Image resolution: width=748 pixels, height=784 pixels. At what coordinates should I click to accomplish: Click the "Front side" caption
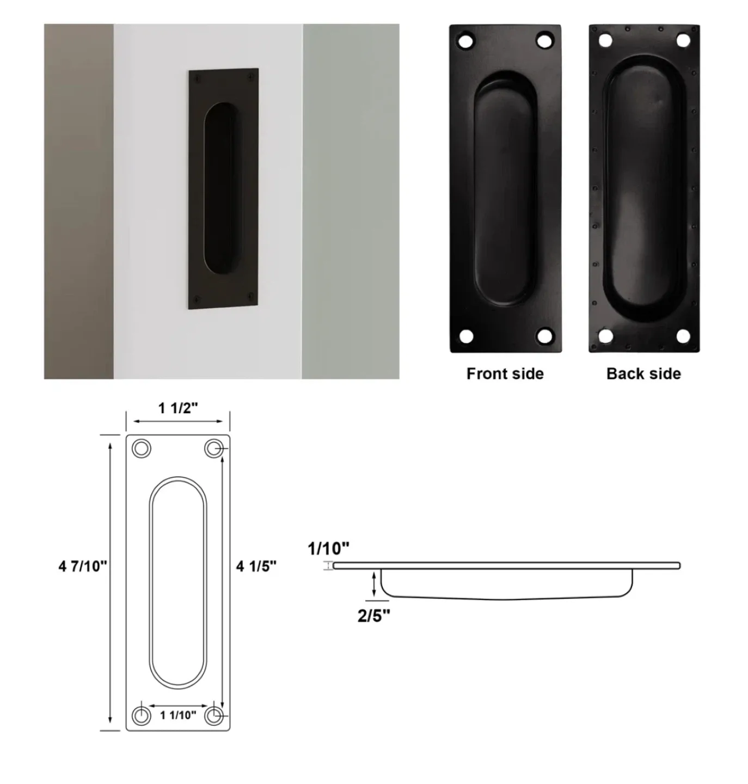click(x=505, y=373)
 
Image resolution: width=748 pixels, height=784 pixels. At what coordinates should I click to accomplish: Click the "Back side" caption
click(x=643, y=373)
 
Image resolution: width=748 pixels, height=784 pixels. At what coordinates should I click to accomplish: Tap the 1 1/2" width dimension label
click(x=178, y=408)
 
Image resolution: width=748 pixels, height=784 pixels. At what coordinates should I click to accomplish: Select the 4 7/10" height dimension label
click(x=83, y=566)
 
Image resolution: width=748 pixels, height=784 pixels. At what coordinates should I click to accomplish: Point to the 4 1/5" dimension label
click(x=256, y=566)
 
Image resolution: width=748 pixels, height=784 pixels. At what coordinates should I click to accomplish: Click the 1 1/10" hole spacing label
click(x=178, y=715)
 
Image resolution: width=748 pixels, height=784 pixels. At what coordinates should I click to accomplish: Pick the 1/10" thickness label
click(x=328, y=548)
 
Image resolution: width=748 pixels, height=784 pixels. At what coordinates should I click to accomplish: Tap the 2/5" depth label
click(x=373, y=616)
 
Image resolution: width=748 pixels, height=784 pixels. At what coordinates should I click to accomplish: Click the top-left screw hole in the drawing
click(x=142, y=449)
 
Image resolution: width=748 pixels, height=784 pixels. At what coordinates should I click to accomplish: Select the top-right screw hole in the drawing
click(x=213, y=449)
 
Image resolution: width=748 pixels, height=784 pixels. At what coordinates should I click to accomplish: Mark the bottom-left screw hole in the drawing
click(x=142, y=715)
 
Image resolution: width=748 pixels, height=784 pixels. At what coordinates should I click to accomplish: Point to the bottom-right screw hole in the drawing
click(x=214, y=715)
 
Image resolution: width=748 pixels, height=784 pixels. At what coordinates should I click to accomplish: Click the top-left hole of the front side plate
click(x=466, y=41)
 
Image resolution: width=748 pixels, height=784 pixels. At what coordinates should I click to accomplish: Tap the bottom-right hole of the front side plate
click(x=544, y=335)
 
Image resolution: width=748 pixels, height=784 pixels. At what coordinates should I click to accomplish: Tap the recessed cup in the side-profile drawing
click(x=506, y=585)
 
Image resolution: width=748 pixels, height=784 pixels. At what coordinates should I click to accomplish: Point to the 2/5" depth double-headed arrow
click(x=374, y=583)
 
